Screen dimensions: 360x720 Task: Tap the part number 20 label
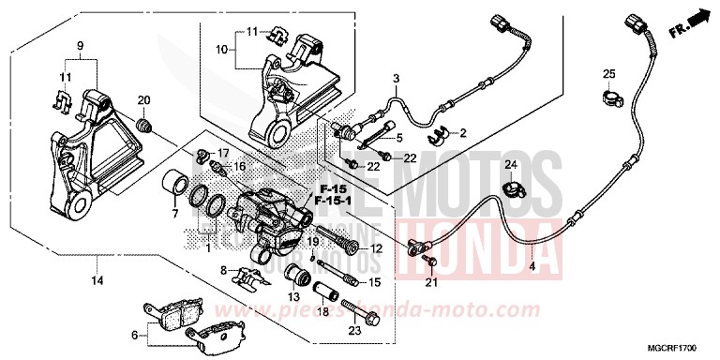[144, 101]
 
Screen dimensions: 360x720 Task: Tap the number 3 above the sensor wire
[396, 78]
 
